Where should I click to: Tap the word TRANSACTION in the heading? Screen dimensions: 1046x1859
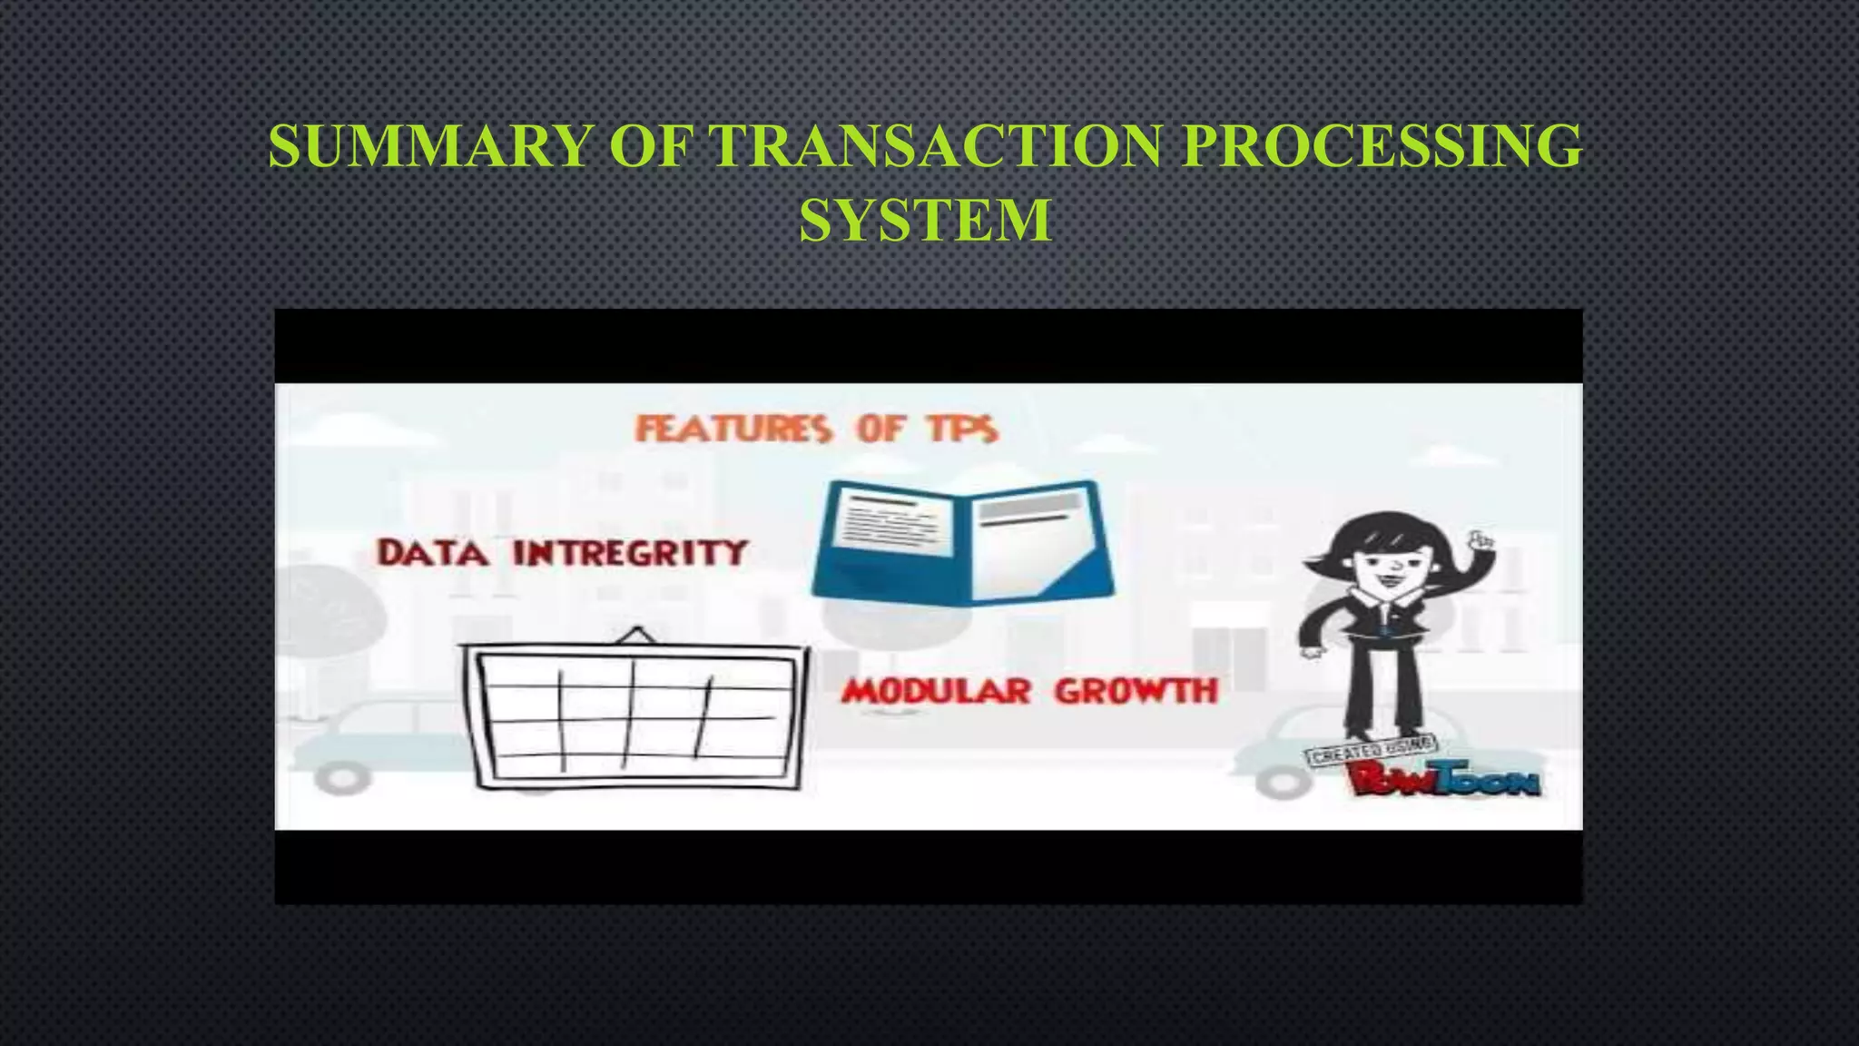click(x=935, y=146)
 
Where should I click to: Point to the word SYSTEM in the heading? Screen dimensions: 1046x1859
click(x=925, y=220)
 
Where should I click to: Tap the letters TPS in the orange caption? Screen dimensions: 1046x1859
click(x=962, y=429)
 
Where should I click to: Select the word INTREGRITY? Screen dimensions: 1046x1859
click(x=630, y=553)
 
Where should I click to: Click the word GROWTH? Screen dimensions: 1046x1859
click(x=1136, y=692)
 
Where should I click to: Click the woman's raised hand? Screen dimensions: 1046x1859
click(x=1481, y=539)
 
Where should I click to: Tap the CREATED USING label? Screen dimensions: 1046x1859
click(x=1371, y=750)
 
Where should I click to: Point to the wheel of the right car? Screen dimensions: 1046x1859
click(x=1281, y=780)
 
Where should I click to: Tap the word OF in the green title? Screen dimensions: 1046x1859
click(x=650, y=146)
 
